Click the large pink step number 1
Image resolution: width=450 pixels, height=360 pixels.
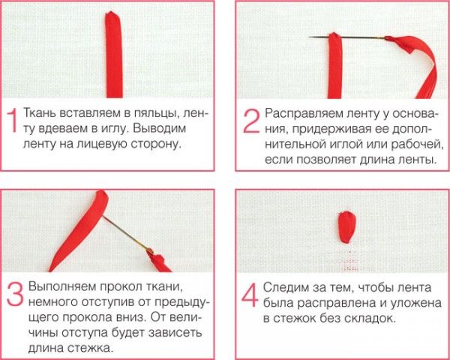click(11, 121)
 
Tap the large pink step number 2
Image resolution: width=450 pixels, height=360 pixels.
click(251, 121)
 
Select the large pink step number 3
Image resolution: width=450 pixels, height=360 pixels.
click(15, 294)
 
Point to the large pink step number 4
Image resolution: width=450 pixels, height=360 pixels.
click(250, 295)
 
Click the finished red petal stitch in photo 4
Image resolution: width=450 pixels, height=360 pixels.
click(346, 227)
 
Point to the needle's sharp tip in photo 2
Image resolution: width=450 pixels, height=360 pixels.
click(309, 37)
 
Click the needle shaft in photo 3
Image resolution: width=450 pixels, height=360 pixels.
click(126, 233)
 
